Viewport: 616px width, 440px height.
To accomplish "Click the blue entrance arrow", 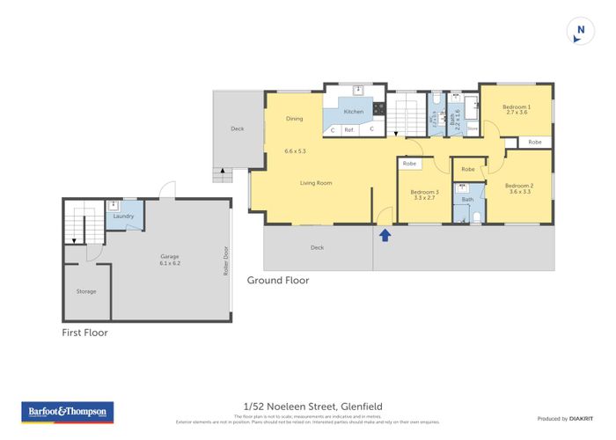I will click(384, 234).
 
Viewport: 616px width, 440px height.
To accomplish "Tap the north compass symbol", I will click(579, 31).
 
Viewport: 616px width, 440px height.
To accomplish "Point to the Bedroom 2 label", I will click(519, 187).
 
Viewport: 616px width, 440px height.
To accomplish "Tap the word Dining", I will click(295, 119).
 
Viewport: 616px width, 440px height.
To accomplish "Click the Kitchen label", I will click(354, 112).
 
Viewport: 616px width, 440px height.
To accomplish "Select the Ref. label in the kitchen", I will click(349, 129).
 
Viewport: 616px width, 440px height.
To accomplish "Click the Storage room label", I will click(86, 291).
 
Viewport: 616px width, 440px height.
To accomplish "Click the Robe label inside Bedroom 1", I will click(535, 142).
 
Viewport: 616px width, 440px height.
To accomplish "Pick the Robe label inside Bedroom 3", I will click(409, 164).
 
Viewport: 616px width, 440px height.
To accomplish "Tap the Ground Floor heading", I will click(277, 281).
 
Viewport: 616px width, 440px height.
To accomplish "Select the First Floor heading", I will click(84, 334).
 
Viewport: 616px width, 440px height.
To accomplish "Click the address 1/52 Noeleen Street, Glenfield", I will click(308, 404).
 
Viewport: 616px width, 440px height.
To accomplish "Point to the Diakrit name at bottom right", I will click(580, 418).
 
